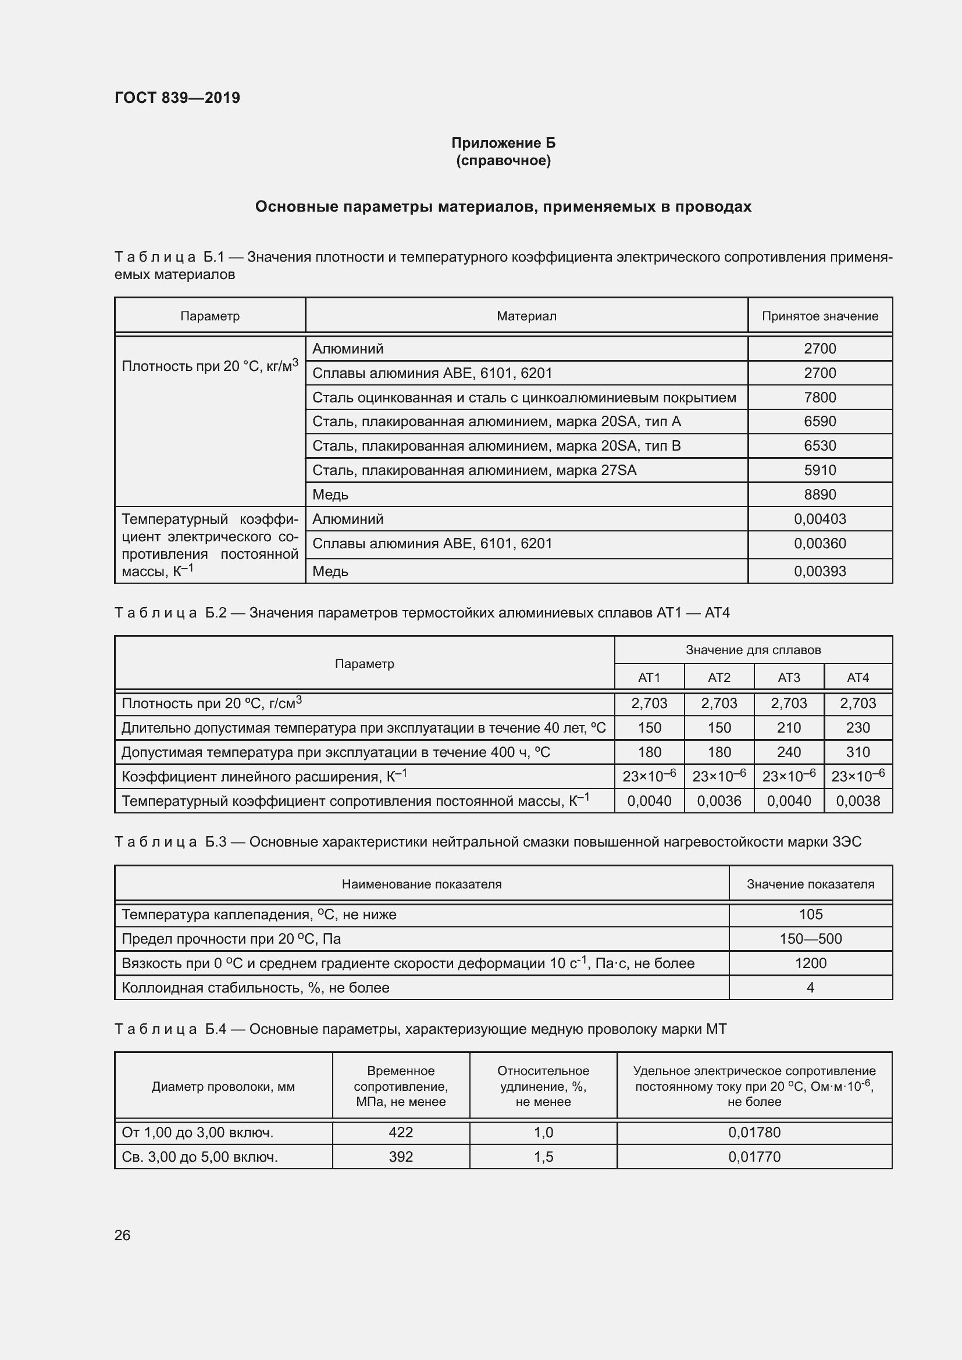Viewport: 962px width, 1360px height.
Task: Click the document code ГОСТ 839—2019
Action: point(177,98)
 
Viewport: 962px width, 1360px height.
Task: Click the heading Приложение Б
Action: point(503,143)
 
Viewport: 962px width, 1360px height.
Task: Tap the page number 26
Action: point(122,1235)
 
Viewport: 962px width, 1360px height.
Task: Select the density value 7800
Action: point(820,398)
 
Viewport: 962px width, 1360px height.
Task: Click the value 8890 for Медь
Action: point(820,495)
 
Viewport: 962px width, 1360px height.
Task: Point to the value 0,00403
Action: point(820,519)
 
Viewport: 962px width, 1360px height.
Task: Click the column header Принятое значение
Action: point(820,316)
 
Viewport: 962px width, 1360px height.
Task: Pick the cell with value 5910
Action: point(820,470)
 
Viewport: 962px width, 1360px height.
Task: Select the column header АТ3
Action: point(789,677)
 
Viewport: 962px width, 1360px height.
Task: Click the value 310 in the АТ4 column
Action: point(857,752)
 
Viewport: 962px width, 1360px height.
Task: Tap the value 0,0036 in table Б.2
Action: point(718,801)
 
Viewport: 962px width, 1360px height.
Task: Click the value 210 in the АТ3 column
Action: point(789,728)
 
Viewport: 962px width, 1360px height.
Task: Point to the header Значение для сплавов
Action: point(753,651)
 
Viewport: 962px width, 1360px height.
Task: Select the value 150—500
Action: point(810,939)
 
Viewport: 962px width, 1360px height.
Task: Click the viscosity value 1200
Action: point(810,963)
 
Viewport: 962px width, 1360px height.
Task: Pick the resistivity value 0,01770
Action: point(754,1157)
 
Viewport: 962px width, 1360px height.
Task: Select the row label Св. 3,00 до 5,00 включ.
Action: point(199,1157)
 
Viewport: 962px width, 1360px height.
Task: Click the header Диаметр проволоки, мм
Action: point(223,1087)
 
